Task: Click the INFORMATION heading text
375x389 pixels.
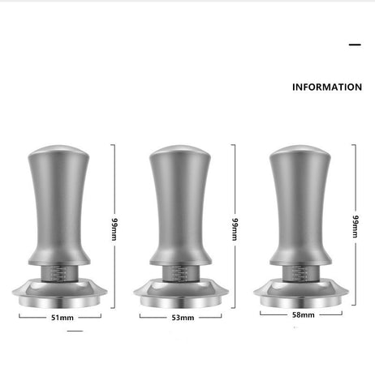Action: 326,87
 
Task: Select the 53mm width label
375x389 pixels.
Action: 183,318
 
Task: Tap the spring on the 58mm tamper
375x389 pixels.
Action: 300,272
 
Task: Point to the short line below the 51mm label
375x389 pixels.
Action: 75,331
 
